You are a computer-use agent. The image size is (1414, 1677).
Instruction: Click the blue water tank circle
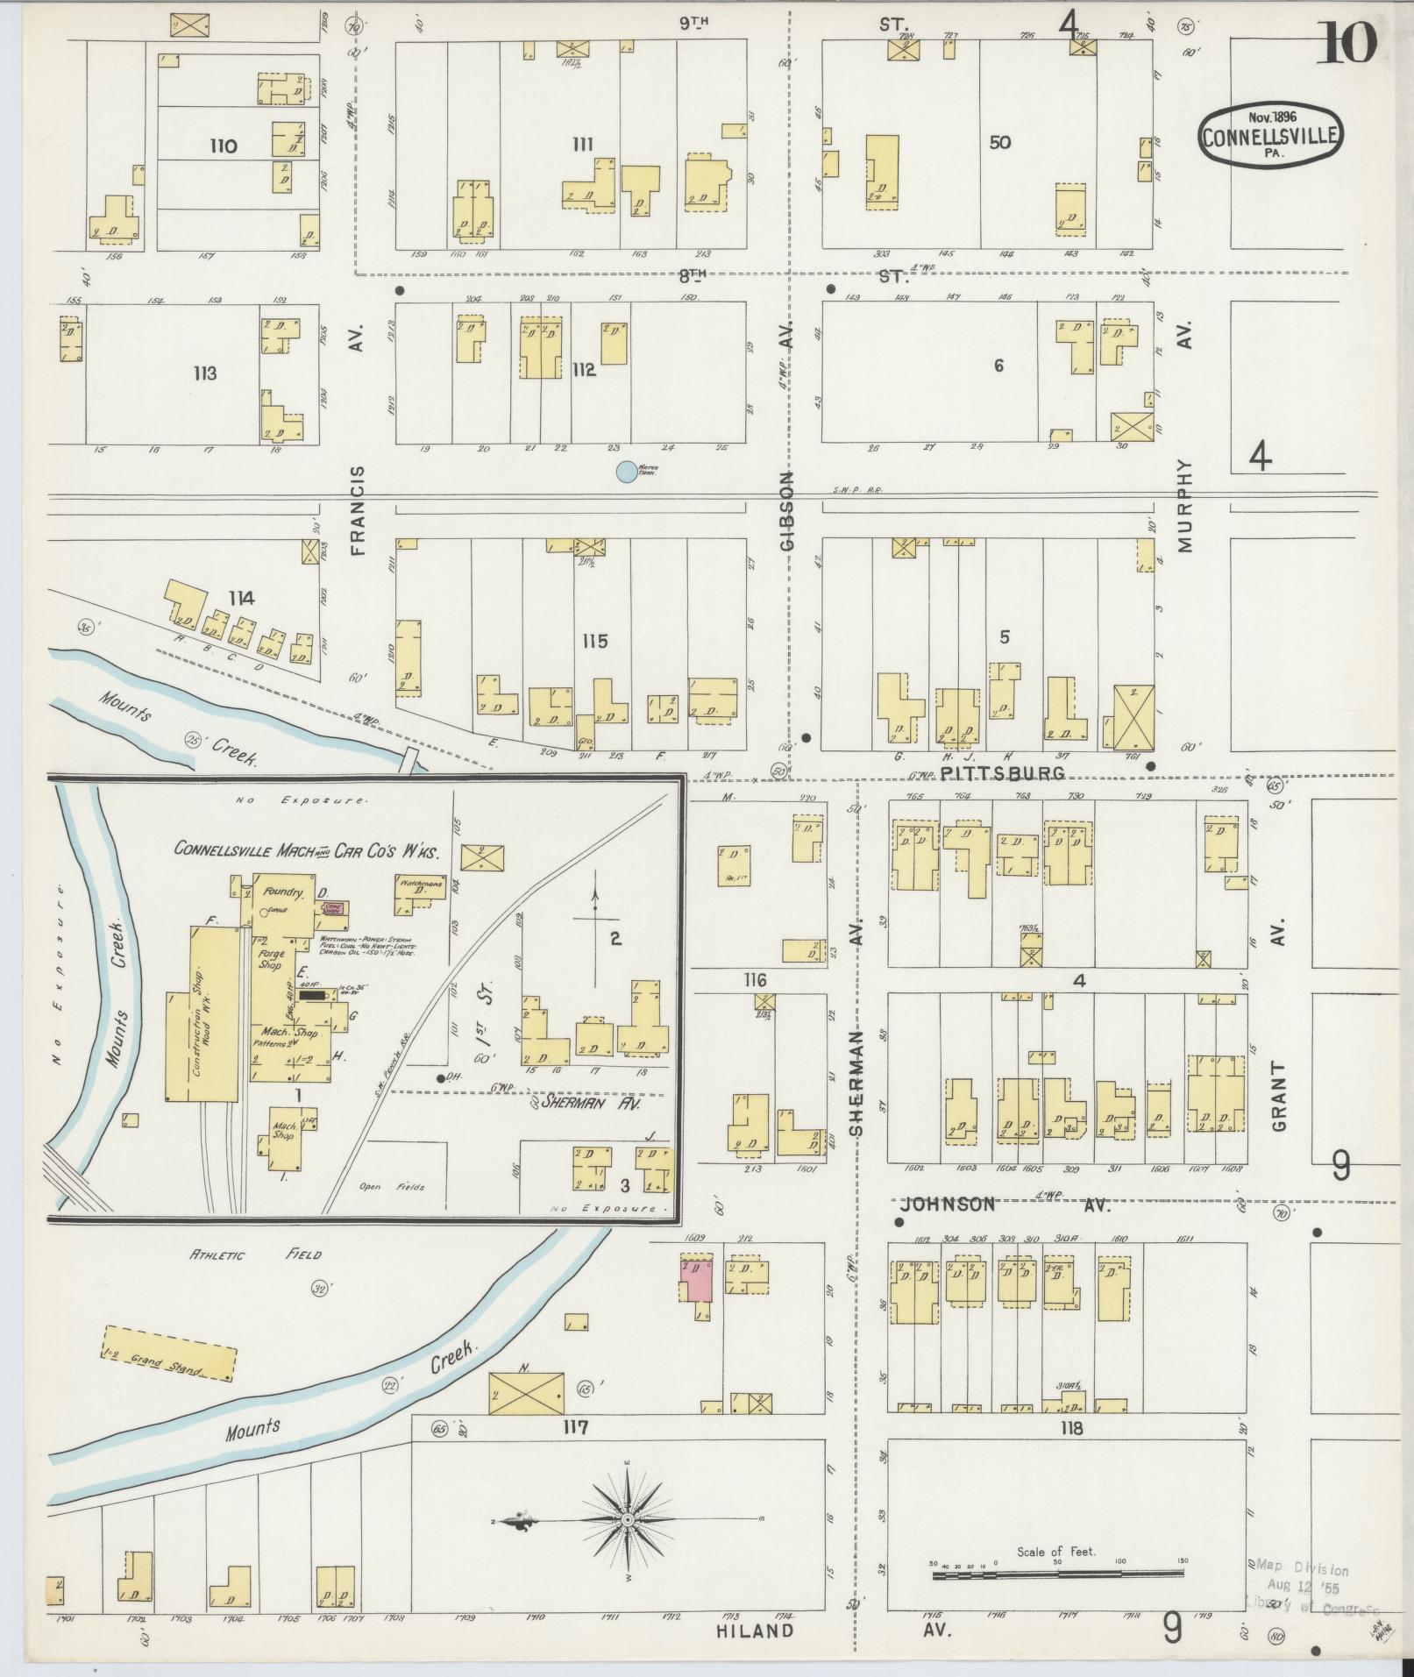[x=625, y=472]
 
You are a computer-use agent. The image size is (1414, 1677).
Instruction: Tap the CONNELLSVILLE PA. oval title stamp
[x=1273, y=134]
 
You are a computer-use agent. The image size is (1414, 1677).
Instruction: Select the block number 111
[x=582, y=144]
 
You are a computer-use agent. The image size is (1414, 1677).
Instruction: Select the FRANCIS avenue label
[x=358, y=510]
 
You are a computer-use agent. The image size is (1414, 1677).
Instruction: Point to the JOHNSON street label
[x=948, y=1204]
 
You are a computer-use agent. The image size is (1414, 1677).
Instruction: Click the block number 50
[x=999, y=142]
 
